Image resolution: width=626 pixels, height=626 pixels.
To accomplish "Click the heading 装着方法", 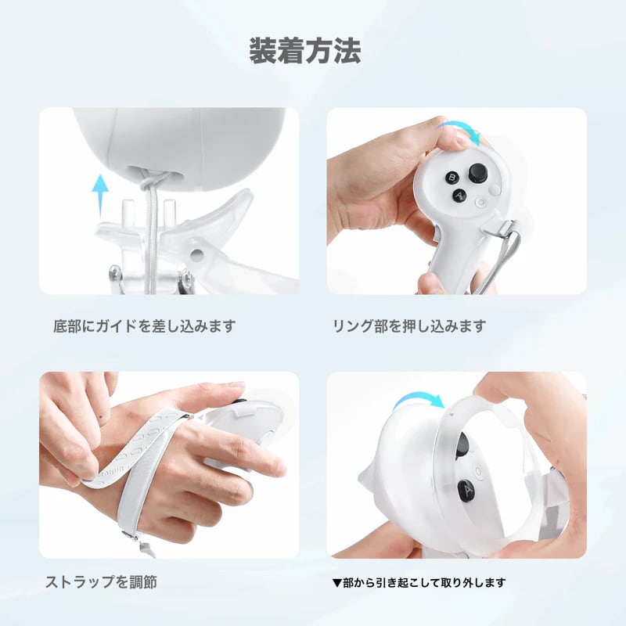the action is [305, 51].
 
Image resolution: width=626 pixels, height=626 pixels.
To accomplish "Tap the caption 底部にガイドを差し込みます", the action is [145, 326].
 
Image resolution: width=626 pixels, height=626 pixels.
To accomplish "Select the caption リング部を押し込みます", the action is [409, 326].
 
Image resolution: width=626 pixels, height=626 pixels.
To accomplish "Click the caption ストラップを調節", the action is [101, 581].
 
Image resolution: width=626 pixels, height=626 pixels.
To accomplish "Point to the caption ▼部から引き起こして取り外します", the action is [419, 582].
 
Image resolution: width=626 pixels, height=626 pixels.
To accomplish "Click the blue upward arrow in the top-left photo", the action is [100, 196].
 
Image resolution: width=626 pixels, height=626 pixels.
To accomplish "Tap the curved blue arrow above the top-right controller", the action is [459, 131].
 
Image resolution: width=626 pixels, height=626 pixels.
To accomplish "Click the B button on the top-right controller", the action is [452, 178].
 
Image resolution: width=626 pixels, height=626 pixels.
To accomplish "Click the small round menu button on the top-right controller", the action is [480, 203].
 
